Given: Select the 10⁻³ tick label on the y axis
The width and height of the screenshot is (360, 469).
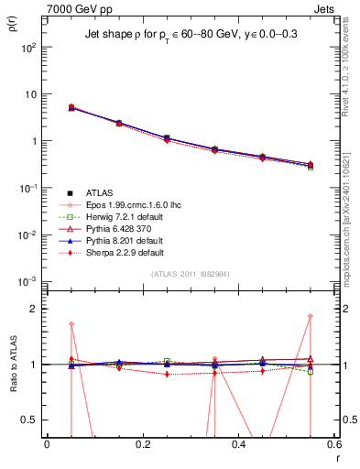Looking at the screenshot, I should [29, 281].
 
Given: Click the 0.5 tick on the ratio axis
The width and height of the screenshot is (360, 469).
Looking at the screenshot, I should [31, 420].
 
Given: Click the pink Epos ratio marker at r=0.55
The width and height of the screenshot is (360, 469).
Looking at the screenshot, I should [311, 317].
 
